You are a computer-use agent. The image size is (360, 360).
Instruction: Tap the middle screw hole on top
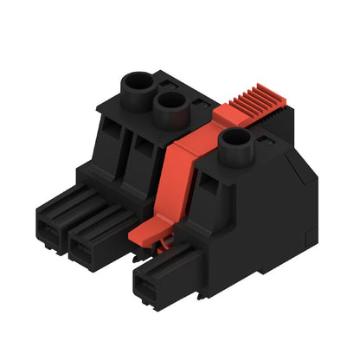pyautogui.click(x=171, y=107)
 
